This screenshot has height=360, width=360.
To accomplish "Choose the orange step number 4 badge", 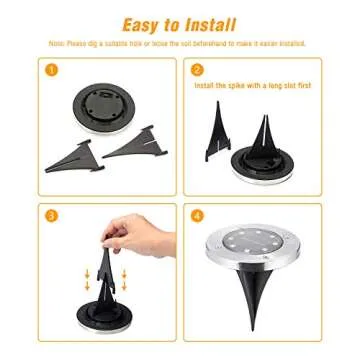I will [x=197, y=214].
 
